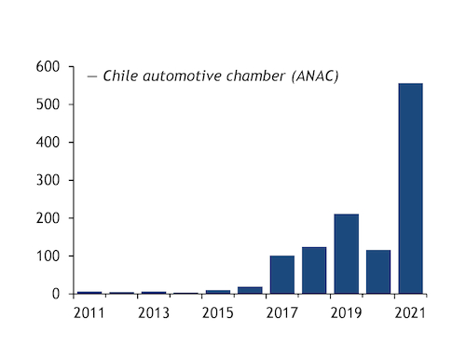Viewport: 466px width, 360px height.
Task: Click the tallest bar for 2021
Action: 410,188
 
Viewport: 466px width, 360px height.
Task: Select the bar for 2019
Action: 347,254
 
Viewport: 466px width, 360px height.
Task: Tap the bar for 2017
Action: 282,274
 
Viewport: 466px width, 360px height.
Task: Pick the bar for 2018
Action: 314,270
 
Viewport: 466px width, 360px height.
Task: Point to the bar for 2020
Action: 378,271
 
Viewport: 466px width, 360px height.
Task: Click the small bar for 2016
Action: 250,290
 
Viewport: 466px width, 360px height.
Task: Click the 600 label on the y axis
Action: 48,66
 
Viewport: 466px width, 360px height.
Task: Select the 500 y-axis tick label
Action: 48,104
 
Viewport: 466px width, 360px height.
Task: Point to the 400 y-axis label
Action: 48,143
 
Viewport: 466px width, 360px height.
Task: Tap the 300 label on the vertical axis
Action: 48,180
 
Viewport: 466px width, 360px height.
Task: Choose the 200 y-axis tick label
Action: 48,218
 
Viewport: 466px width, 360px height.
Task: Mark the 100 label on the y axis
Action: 48,256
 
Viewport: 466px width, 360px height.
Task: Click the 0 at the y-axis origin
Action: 56,294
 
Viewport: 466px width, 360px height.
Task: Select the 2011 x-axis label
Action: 89,312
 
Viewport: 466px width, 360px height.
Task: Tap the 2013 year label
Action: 154,312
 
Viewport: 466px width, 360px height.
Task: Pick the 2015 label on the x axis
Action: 218,312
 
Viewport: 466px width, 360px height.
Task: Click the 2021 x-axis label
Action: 410,312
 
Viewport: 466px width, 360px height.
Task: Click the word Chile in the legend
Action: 120,76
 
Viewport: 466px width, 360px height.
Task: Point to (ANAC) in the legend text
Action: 315,76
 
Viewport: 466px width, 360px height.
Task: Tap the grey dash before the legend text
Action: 92,76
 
